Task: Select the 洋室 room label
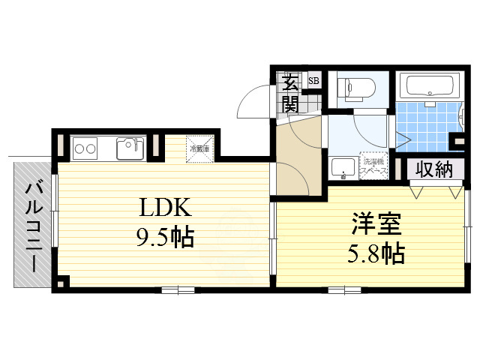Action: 378,223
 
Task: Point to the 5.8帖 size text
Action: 377,253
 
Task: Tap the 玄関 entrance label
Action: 289,91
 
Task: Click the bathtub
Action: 427,85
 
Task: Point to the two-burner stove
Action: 83,148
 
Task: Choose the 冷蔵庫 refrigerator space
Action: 200,147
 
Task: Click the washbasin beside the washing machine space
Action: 343,169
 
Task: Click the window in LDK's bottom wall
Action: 178,289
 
